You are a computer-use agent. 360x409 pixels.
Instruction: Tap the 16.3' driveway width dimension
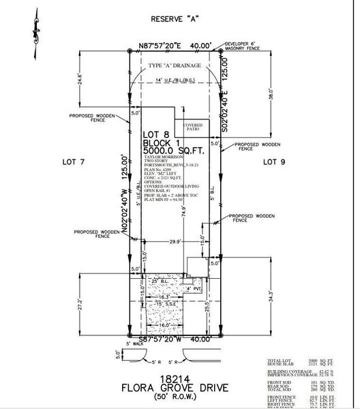[x=163, y=297]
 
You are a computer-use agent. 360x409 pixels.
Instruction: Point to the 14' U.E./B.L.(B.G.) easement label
[x=173, y=81]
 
